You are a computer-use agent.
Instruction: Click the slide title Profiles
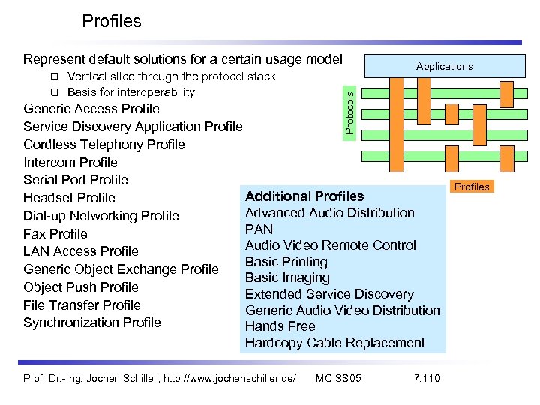pos(111,21)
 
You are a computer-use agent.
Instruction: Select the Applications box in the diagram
pos(444,66)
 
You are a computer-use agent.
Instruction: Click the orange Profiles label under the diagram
pos(472,187)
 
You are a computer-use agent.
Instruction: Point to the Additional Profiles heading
pos(304,196)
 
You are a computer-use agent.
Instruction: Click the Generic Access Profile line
pos(91,109)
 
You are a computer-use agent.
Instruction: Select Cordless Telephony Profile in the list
pos(104,145)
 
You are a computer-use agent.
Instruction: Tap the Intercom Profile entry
pos(70,163)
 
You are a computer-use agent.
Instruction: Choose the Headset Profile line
pos(69,198)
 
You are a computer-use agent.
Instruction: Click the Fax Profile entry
pos(55,234)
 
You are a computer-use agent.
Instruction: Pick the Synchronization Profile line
pos(92,322)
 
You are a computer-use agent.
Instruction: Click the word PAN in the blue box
pos(259,229)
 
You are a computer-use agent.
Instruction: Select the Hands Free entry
pos(280,326)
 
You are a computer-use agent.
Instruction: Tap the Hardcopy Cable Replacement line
pos(334,343)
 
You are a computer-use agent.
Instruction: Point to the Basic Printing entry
pos(286,262)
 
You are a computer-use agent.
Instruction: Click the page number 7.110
pos(427,377)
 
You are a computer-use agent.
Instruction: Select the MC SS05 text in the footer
pos(338,377)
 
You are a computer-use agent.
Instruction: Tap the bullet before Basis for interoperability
pos(55,92)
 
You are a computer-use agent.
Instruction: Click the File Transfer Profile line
pos(82,305)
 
